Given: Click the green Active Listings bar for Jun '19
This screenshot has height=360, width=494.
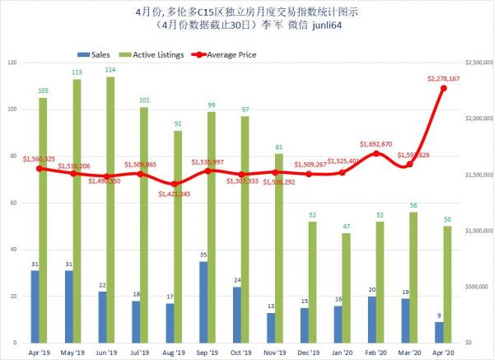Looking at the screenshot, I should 110,209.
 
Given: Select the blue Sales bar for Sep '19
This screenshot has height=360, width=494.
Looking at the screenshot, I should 203,302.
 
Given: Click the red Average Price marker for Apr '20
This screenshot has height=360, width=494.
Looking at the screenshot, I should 443,88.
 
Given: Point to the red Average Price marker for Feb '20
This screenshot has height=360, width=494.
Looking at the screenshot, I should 376,153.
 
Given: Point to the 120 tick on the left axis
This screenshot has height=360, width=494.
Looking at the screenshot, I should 12,63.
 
